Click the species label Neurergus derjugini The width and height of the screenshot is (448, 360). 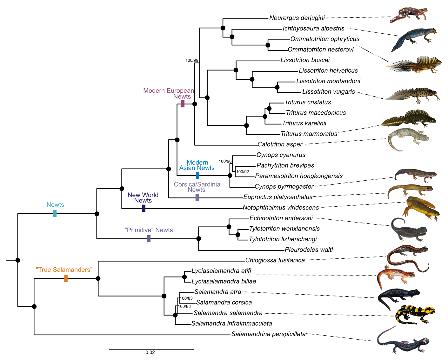coord(297,18)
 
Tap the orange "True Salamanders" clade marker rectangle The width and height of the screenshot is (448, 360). coord(66,278)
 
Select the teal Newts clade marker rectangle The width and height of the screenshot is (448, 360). coord(55,213)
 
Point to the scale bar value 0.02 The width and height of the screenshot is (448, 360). coord(150,352)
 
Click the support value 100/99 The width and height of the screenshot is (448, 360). coord(192,60)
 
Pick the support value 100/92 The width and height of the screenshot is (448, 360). coord(243,172)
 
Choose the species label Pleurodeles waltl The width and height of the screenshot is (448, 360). coord(309,250)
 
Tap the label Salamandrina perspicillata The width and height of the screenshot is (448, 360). coord(268,334)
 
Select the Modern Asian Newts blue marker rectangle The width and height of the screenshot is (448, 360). coord(197,176)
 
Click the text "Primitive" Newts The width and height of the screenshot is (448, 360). coord(149,230)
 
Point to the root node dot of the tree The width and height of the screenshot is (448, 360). coord(18,260)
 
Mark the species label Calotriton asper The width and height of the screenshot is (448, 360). coord(280,144)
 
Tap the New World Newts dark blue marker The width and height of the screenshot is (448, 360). coord(144,208)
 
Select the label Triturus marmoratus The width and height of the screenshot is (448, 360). coord(309,134)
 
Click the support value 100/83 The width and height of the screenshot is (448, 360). coord(186,298)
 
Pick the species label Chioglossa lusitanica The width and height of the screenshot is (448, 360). coord(275,260)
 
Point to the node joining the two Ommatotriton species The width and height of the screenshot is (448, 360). coord(268,45)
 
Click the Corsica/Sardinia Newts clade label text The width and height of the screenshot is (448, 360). coord(197,187)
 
